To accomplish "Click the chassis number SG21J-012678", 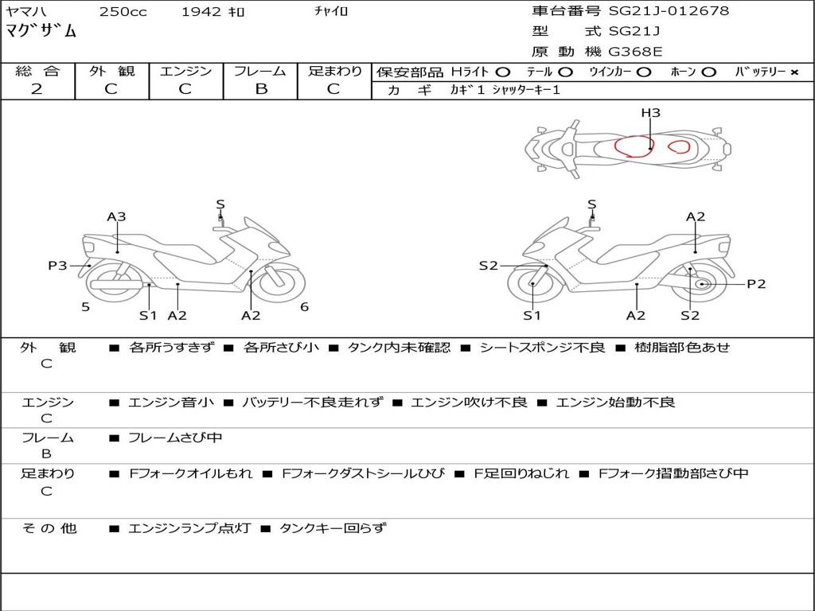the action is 669,10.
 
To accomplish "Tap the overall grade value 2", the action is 37,89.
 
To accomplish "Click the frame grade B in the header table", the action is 261,89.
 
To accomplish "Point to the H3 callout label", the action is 650,112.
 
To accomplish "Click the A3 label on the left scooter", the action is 116,216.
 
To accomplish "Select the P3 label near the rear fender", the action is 57,266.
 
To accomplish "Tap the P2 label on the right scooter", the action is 756,284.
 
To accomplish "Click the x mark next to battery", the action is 794,72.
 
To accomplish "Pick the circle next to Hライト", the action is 503,72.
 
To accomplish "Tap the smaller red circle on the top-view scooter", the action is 679,147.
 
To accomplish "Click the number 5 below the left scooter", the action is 86,307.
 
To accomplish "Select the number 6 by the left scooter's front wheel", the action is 305,307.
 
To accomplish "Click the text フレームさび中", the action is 175,438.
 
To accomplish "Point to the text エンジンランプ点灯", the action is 189,528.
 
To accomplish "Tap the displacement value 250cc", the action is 123,11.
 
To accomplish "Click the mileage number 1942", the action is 201,11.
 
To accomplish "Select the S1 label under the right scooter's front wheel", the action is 532,315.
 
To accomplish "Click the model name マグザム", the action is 41,31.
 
